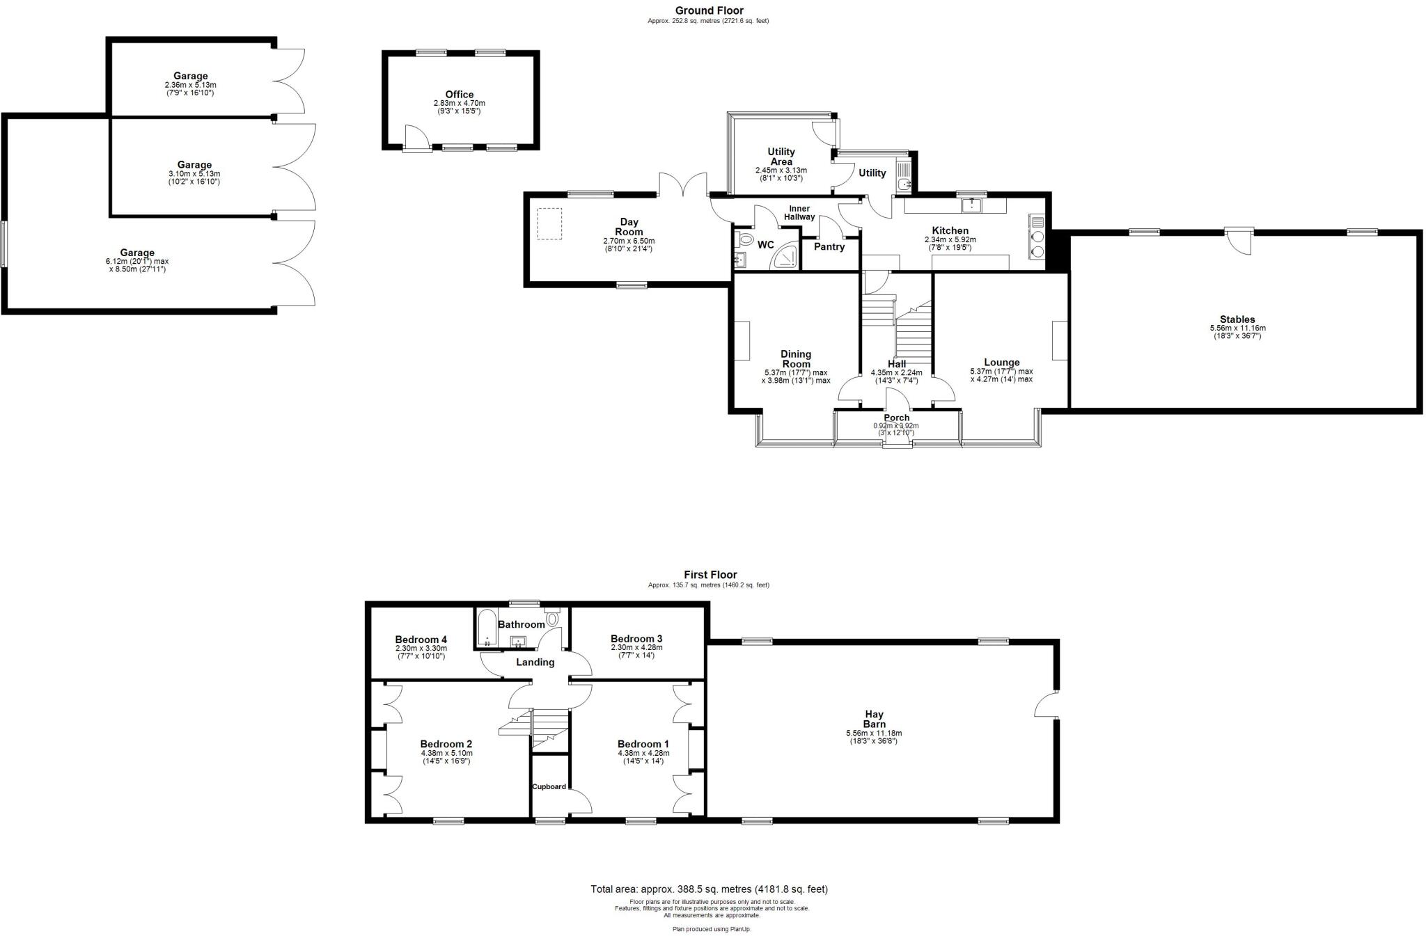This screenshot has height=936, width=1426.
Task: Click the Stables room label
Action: [x=1237, y=319]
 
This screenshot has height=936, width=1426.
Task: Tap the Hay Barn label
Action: [x=874, y=719]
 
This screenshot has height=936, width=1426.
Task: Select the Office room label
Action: [x=459, y=95]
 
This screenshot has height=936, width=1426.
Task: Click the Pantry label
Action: [x=829, y=246]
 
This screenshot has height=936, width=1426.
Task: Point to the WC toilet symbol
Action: [x=746, y=239]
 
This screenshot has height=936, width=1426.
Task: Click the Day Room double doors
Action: [x=684, y=185]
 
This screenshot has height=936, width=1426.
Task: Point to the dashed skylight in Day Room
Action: [x=549, y=224]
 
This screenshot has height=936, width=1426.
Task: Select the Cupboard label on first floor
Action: [x=549, y=786]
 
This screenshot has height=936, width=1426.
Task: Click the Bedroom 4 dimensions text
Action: [x=421, y=653]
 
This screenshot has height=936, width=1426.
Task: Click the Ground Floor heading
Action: [x=708, y=10]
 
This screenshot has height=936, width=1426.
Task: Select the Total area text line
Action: [x=709, y=889]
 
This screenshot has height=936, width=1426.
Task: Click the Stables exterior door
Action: [x=1237, y=240]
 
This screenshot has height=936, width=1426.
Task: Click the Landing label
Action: [x=535, y=662]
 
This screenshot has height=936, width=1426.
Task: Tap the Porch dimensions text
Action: [x=896, y=429]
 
